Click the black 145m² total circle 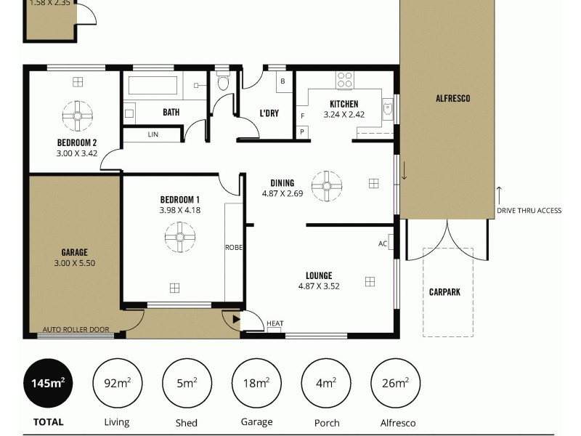[48, 383]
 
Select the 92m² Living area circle [116, 383]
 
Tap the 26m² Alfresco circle [395, 383]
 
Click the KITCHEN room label [344, 104]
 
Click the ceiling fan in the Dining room [326, 185]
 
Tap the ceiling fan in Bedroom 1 [179, 236]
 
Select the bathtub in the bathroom [153, 86]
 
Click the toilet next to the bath [223, 83]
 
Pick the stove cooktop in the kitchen [345, 78]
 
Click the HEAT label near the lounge [275, 324]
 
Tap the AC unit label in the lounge [383, 243]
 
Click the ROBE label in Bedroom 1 [233, 248]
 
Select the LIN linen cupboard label [153, 134]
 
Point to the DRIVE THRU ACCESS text [529, 211]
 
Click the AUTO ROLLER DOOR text [76, 329]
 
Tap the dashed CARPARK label [444, 292]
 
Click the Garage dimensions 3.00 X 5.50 [74, 263]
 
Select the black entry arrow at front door [235, 318]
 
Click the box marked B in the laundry [283, 81]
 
